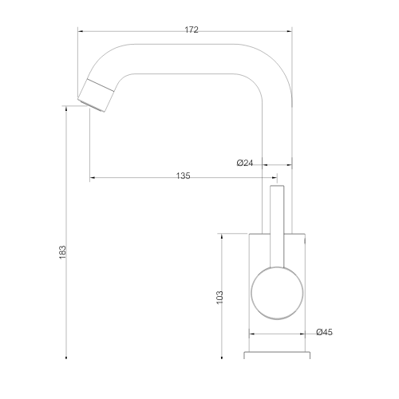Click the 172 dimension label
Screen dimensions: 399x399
tap(192, 30)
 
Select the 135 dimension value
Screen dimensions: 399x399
tap(184, 176)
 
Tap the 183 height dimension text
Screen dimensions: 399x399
tap(62, 252)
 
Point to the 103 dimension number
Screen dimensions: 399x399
tap(219, 298)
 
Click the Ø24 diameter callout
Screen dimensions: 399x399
tap(245, 163)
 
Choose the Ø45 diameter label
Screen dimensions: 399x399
tap(324, 332)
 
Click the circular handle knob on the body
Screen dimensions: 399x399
tap(277, 293)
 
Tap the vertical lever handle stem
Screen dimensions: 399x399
tap(277, 227)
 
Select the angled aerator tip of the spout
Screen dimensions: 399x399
tap(96, 95)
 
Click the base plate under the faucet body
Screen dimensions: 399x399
tap(277, 355)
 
